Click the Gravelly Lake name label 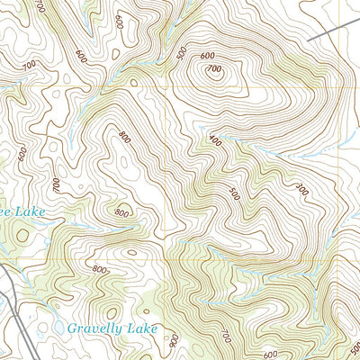click(x=112, y=328)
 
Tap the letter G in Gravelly click(x=73, y=328)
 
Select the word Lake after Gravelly click(x=142, y=328)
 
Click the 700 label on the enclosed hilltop click(x=214, y=69)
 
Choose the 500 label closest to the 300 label click(x=236, y=193)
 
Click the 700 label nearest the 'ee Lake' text click(x=56, y=184)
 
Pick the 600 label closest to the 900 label click(x=270, y=353)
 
